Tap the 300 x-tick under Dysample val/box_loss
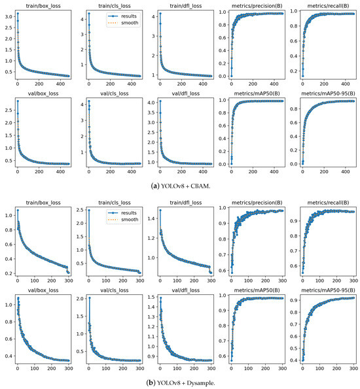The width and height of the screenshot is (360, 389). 62,369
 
